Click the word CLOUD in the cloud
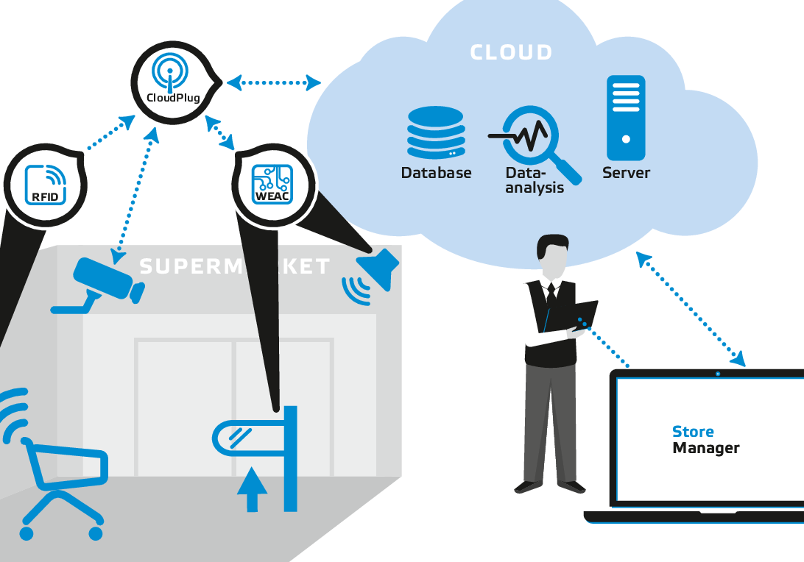[511, 53]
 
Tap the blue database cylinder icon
[435, 132]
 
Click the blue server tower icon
[626, 118]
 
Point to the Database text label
[436, 174]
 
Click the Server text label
[626, 174]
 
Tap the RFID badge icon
[45, 184]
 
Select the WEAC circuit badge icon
[272, 184]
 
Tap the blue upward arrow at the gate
[252, 489]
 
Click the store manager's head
[552, 254]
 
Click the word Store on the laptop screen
[693, 432]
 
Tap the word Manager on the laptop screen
[705, 448]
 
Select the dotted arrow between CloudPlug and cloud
[273, 82]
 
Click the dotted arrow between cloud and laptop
[691, 309]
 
